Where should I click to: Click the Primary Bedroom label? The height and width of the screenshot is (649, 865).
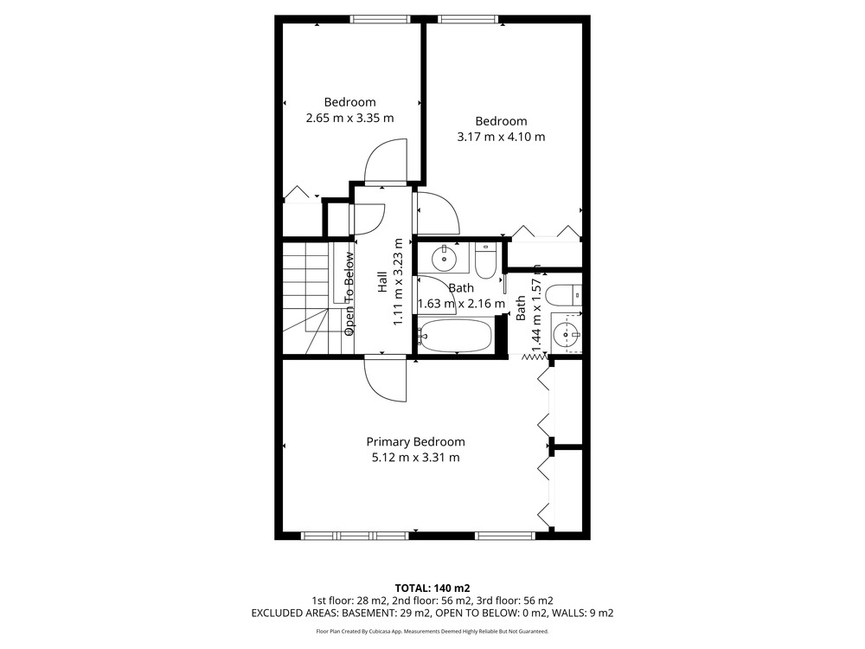415,442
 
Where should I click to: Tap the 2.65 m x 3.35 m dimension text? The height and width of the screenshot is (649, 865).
349,118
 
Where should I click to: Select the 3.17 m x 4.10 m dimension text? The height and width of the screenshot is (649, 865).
501,137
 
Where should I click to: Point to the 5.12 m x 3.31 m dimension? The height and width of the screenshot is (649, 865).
415,458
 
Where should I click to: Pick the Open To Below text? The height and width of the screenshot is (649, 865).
349,293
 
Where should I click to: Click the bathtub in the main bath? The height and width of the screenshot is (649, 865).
455,336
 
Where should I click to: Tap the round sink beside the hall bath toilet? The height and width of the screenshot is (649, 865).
444,258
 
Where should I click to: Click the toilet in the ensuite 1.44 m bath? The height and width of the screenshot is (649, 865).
563,296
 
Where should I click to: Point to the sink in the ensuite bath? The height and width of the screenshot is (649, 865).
566,334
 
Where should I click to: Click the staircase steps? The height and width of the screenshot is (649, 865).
307,298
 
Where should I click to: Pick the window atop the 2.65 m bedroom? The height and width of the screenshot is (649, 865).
380,19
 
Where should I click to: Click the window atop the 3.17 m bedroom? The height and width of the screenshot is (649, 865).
468,19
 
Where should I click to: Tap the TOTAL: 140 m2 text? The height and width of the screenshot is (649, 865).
432,588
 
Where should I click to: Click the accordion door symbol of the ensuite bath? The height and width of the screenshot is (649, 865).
535,357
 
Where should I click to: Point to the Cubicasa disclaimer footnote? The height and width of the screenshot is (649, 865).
432,632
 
